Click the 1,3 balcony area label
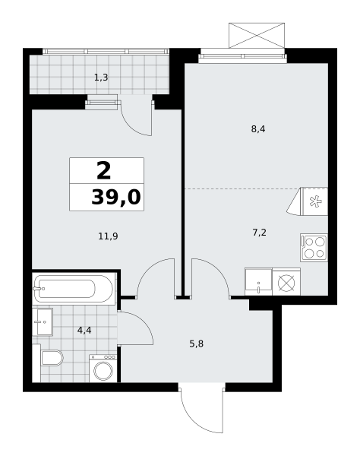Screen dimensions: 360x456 101,78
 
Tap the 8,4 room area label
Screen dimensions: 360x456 258,129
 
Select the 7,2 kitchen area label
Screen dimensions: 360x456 259,233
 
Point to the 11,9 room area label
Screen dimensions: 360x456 108,236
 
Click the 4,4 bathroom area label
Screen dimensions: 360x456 84,331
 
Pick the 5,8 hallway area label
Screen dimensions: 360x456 197,344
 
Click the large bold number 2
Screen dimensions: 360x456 104,171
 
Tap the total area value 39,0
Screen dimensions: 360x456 116,197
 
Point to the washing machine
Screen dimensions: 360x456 103,369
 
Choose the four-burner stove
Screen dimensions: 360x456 314,248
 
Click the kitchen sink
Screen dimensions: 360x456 258,281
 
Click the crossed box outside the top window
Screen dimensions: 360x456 257,35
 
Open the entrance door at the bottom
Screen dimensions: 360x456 202,408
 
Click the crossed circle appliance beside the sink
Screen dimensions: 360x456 286,283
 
